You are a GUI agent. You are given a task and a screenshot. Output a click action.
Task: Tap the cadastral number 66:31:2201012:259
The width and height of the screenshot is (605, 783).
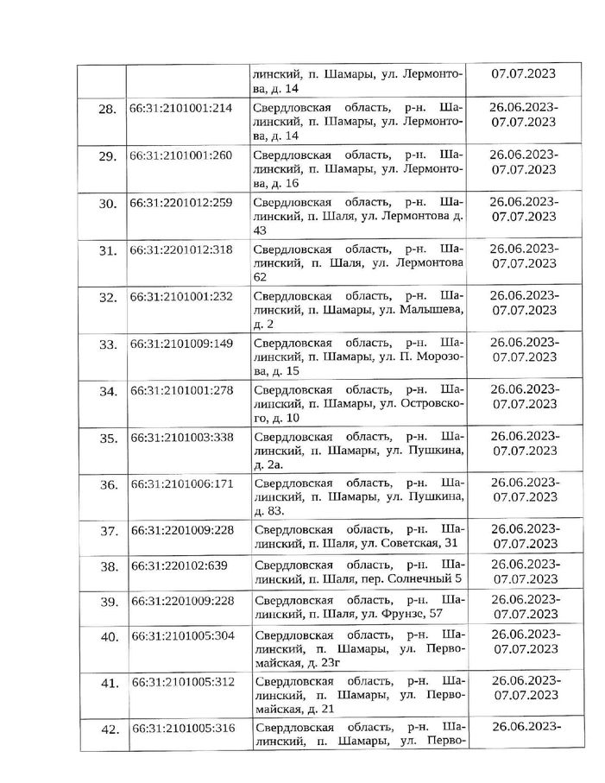pyautogui.click(x=180, y=204)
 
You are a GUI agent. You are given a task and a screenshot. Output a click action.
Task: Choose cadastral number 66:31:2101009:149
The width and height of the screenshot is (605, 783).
pyautogui.click(x=180, y=343)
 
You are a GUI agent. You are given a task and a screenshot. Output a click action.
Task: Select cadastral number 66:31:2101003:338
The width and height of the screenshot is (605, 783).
pyautogui.click(x=180, y=437)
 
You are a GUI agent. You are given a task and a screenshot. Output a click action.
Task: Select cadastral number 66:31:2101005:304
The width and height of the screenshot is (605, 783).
pyautogui.click(x=180, y=636)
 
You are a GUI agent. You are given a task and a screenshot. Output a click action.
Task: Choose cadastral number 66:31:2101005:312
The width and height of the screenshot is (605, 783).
pyautogui.click(x=180, y=682)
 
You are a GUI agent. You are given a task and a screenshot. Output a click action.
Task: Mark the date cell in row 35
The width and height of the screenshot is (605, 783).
pyautogui.click(x=523, y=443)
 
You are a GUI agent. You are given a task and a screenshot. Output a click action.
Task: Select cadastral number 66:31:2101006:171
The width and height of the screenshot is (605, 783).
pyautogui.click(x=180, y=483)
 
